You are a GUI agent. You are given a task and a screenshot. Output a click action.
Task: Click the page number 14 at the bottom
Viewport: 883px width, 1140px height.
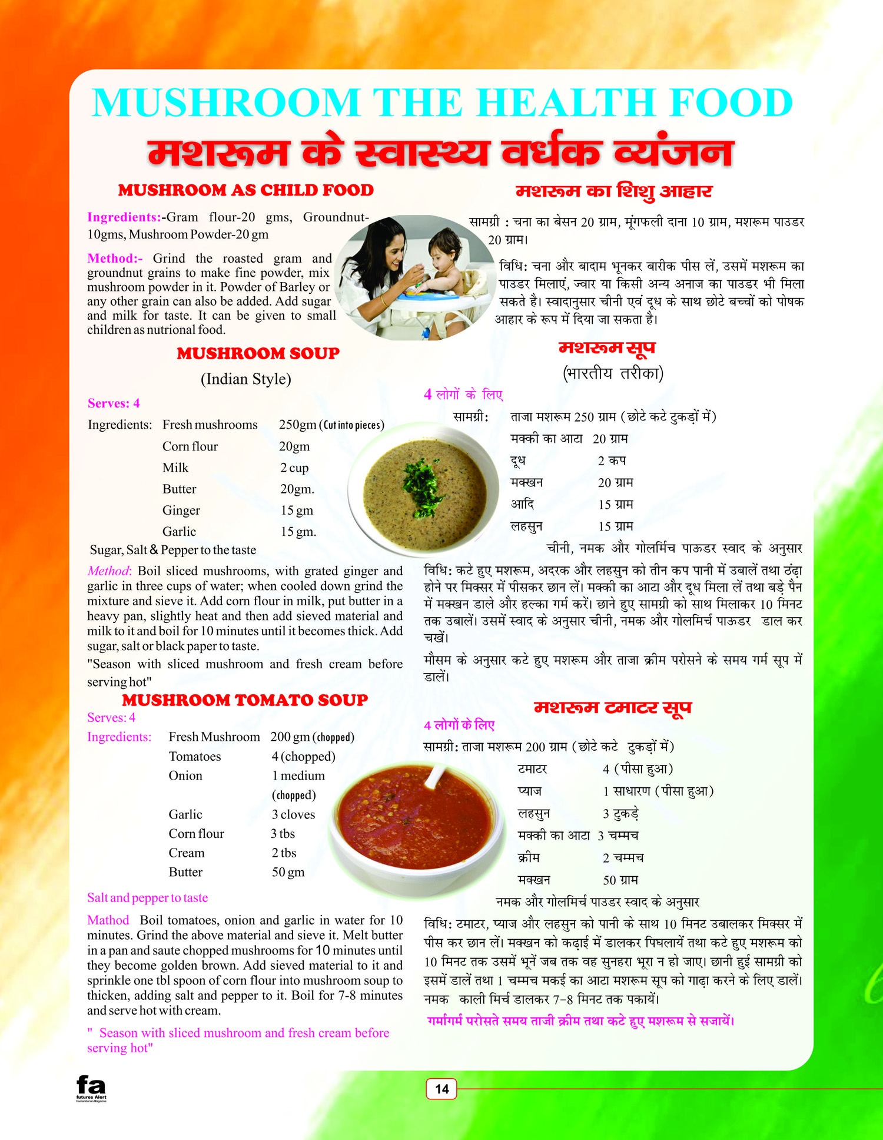pos(441,1089)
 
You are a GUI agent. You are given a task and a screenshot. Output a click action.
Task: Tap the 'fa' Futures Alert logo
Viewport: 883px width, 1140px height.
pos(91,1086)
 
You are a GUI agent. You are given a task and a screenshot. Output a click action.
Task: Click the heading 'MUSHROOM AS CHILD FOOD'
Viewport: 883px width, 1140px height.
pos(245,190)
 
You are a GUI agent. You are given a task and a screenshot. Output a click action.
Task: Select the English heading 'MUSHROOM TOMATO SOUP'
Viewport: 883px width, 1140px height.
pos(245,700)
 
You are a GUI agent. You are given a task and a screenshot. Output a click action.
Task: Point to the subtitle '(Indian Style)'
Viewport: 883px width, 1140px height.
pos(246,379)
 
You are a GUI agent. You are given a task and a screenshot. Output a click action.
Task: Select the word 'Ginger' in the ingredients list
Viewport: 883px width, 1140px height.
pos(181,510)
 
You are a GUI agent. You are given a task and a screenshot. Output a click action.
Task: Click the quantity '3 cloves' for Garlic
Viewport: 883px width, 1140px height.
pos(293,814)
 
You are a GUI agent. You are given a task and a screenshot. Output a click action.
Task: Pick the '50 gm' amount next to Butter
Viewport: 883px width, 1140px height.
pos(288,872)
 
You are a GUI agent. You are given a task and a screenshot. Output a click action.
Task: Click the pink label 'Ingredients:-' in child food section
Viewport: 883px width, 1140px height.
pos(124,217)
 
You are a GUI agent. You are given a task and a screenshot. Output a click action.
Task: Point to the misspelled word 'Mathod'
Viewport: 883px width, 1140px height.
pos(108,920)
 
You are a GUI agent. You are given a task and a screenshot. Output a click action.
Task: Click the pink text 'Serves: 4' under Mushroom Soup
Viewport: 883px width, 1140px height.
pos(114,403)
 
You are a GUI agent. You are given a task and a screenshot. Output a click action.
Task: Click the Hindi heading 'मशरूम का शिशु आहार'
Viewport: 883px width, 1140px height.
pos(614,191)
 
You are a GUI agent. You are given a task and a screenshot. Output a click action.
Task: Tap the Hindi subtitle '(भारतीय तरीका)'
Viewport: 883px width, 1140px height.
pos(613,373)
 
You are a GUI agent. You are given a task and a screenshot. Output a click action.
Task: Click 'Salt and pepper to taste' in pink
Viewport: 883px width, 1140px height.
pos(147,897)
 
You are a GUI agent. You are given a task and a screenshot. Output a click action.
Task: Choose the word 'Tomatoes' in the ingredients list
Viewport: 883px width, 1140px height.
pos(195,756)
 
